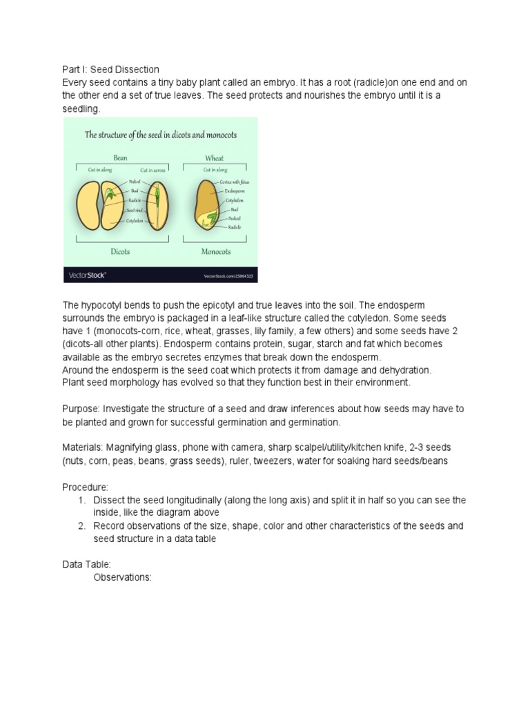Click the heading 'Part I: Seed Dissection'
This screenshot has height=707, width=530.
tap(111, 69)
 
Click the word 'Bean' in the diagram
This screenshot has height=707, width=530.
tap(121, 158)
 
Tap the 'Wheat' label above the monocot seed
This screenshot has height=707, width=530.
tap(214, 158)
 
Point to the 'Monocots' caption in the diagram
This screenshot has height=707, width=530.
tap(215, 253)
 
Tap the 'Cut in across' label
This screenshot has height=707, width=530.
tap(154, 170)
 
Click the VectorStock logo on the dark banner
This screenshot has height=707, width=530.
tap(88, 275)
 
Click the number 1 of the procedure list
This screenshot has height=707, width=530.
tap(84, 500)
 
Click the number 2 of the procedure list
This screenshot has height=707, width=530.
tap(84, 526)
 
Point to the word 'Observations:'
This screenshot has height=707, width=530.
tap(122, 577)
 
